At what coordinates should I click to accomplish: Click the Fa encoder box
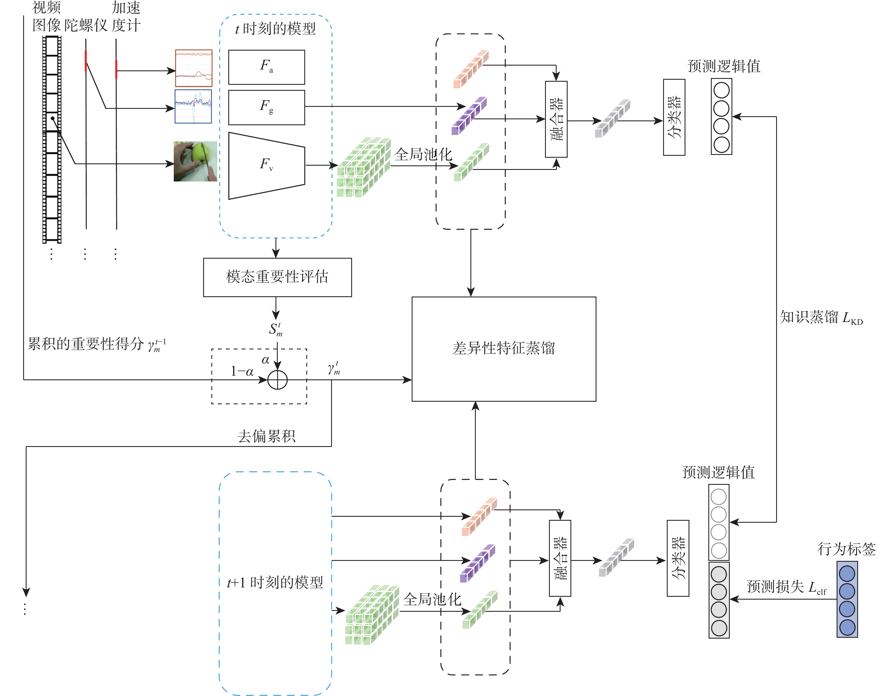click(266, 67)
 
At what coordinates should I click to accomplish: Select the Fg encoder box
click(266, 107)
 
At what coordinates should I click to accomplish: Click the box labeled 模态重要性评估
click(277, 277)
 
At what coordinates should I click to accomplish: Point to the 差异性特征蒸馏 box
click(504, 349)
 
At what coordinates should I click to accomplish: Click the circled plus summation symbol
click(277, 380)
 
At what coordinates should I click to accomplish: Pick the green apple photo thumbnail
click(195, 161)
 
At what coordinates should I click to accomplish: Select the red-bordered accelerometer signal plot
click(194, 68)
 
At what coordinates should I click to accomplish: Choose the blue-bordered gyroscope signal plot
click(193, 106)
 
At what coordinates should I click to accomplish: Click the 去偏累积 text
click(266, 436)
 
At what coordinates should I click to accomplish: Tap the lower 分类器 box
click(678, 558)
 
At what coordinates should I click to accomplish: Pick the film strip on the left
click(52, 139)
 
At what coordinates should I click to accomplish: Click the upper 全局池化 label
click(423, 155)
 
